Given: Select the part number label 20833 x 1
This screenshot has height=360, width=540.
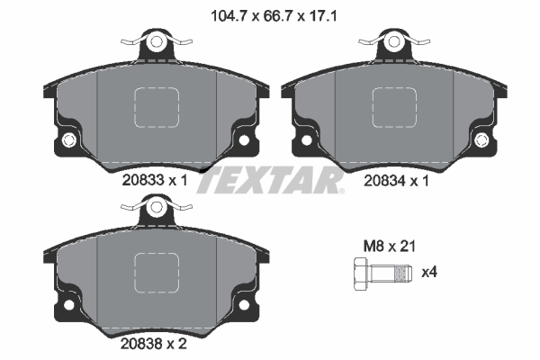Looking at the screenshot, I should (154, 180).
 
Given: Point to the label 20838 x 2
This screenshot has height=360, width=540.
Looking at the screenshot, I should (154, 342).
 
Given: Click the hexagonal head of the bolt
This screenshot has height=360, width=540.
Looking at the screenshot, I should (360, 271).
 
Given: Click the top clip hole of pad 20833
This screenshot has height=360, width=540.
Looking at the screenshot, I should (157, 41).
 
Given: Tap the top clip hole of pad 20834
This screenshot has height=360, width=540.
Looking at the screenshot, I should (393, 41).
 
